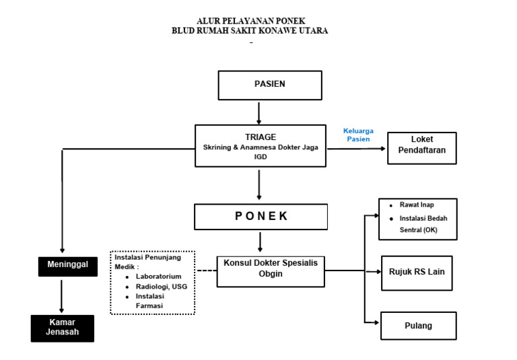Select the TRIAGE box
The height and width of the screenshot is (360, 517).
point(260,146)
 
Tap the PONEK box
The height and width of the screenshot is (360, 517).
point(261,217)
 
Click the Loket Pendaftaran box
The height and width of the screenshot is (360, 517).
point(421,149)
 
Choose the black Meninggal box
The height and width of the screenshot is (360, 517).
point(67,265)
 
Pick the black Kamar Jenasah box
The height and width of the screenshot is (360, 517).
point(62,328)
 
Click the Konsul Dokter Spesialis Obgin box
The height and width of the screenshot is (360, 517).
point(270,270)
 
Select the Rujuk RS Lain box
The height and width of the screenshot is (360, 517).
point(416,273)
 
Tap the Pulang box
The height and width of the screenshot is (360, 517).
point(418,326)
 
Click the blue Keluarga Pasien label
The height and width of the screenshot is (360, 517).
point(358,135)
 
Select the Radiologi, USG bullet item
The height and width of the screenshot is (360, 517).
point(162,286)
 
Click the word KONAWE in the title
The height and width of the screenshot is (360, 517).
point(272,31)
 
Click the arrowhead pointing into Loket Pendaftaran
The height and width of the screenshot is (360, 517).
point(384,149)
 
